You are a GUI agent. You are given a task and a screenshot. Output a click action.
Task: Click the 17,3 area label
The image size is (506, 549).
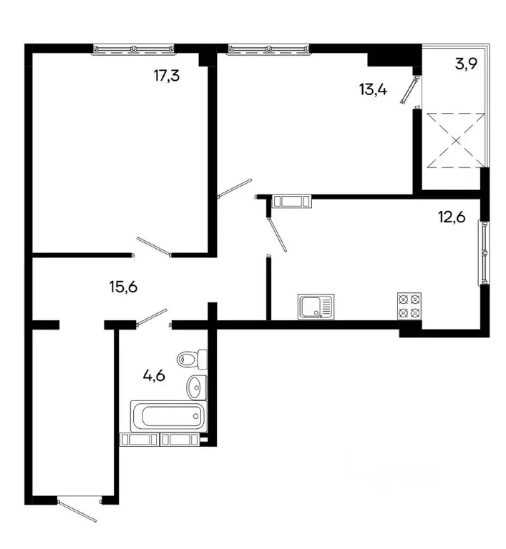click(166, 74)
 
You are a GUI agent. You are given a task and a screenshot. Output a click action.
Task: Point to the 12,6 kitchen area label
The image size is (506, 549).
click(452, 217)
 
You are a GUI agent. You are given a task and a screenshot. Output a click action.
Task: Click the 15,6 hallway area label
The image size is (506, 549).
click(122, 287)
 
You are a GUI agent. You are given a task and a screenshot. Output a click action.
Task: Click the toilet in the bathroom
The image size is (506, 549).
click(192, 357)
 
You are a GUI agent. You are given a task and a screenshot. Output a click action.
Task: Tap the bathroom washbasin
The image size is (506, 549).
click(195, 387)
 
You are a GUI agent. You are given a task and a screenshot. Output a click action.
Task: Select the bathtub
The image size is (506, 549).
click(167, 415)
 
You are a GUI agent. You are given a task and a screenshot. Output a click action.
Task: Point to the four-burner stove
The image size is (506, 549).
click(409, 306)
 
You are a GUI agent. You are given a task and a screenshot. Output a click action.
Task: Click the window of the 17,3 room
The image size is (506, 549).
click(134, 49)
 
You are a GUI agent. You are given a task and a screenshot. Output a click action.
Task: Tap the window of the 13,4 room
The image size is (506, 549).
click(269, 49)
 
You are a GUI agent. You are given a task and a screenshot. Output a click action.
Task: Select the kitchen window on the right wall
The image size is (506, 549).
click(485, 253)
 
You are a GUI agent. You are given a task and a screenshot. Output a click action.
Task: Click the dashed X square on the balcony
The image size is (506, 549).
click(455, 139)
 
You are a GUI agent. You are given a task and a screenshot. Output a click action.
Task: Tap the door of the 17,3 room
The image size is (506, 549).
click(152, 246)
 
